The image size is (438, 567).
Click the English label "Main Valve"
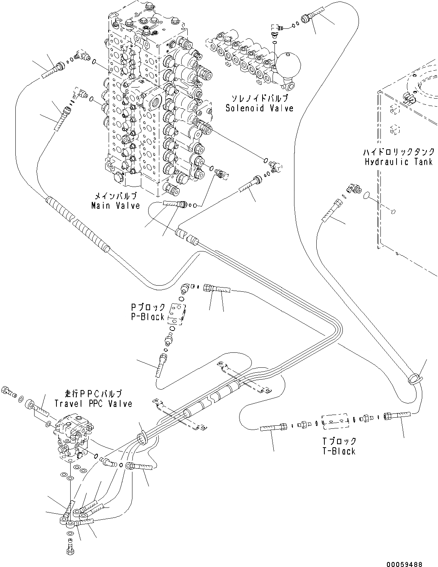tap(116, 206)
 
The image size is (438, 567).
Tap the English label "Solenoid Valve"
tap(259, 108)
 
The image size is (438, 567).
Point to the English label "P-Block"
tap(148, 317)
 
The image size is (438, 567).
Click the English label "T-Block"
tap(339, 451)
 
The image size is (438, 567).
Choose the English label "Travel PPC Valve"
tap(93, 403)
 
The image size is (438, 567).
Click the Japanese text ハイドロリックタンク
tap(399, 152)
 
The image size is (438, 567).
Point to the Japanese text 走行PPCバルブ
tap(93, 394)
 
